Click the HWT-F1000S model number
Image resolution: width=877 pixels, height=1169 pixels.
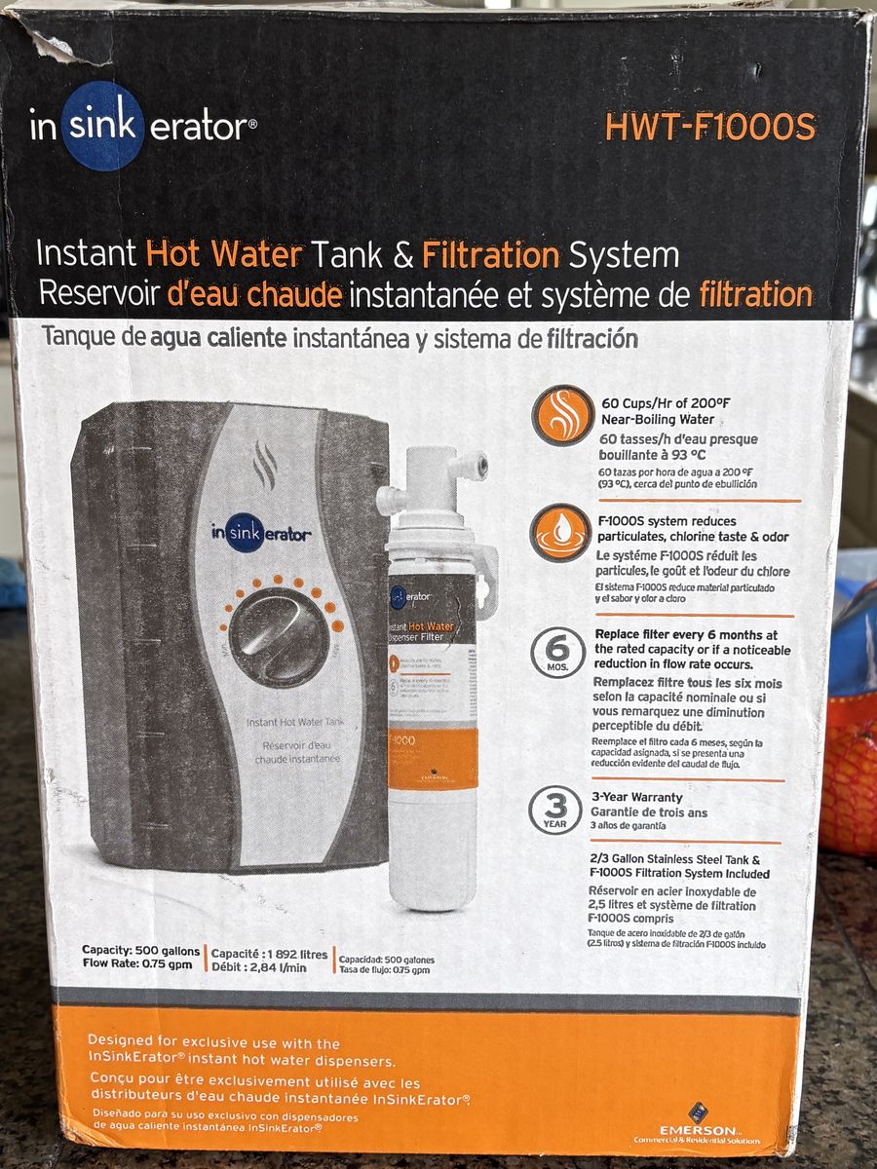(x=710, y=127)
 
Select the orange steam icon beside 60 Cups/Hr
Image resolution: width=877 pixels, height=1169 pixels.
(x=562, y=417)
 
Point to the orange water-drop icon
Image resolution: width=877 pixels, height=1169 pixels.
(x=562, y=533)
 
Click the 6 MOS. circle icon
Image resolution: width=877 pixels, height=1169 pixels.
(x=557, y=652)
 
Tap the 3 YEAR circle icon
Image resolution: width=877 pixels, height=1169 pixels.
(x=555, y=811)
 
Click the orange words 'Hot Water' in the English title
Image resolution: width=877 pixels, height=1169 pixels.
(x=223, y=255)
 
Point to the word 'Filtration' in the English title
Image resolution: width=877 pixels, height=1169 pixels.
(x=490, y=255)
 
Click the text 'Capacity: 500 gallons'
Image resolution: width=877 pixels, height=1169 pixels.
(x=141, y=951)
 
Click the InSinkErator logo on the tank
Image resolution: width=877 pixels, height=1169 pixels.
(x=261, y=533)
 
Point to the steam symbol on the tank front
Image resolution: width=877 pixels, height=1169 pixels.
(x=265, y=466)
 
